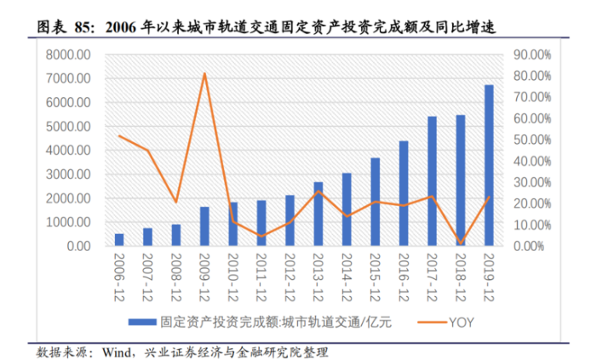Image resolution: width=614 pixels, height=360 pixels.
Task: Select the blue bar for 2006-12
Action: coord(119,240)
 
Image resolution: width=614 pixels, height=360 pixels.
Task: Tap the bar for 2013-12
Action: coord(318,214)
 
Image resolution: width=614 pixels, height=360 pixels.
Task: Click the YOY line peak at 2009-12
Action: coord(204,74)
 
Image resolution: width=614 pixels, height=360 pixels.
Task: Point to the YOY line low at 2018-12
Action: coord(461,243)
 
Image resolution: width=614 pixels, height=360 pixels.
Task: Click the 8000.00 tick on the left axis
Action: coord(71,54)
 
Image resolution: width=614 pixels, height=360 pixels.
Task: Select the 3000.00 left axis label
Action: coord(71,174)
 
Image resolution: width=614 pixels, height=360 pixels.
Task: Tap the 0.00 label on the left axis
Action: coord(77,246)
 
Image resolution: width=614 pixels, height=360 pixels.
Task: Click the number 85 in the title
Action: coord(83,27)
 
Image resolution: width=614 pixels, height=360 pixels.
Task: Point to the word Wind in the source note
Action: coord(116,351)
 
